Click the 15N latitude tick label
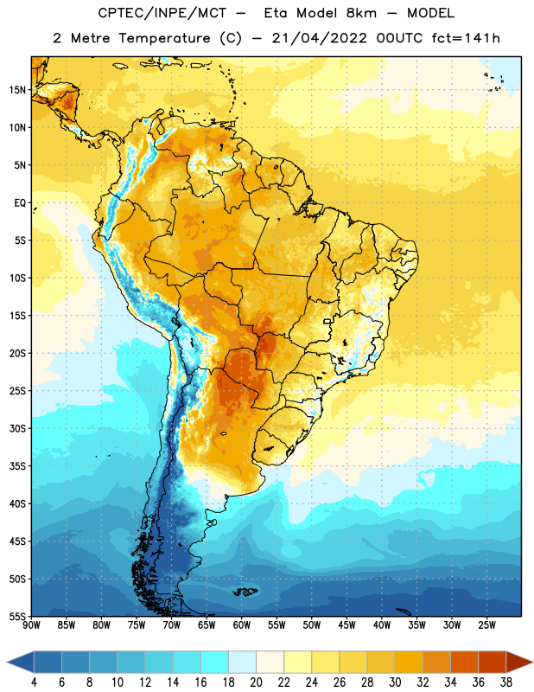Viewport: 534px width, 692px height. [17, 90]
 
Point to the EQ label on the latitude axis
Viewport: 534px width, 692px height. [20, 203]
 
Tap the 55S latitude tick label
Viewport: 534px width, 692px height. [17, 617]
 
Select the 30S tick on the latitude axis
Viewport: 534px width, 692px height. [17, 428]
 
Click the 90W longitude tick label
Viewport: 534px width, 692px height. [32, 625]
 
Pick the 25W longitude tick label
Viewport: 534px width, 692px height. [486, 625]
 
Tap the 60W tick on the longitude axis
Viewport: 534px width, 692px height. [242, 625]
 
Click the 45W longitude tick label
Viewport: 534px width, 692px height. [346, 625]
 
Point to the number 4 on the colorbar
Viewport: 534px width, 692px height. [34, 682]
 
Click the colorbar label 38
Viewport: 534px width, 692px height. [506, 682]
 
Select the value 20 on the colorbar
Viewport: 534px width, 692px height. [256, 682]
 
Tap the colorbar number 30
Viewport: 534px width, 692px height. [395, 682]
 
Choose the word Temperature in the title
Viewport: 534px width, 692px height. [164, 38]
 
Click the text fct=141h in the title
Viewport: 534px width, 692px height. [466, 38]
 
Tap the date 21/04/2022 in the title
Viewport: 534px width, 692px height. [319, 38]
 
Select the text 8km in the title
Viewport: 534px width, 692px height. [361, 13]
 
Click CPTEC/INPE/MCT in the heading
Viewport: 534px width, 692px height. [162, 13]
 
